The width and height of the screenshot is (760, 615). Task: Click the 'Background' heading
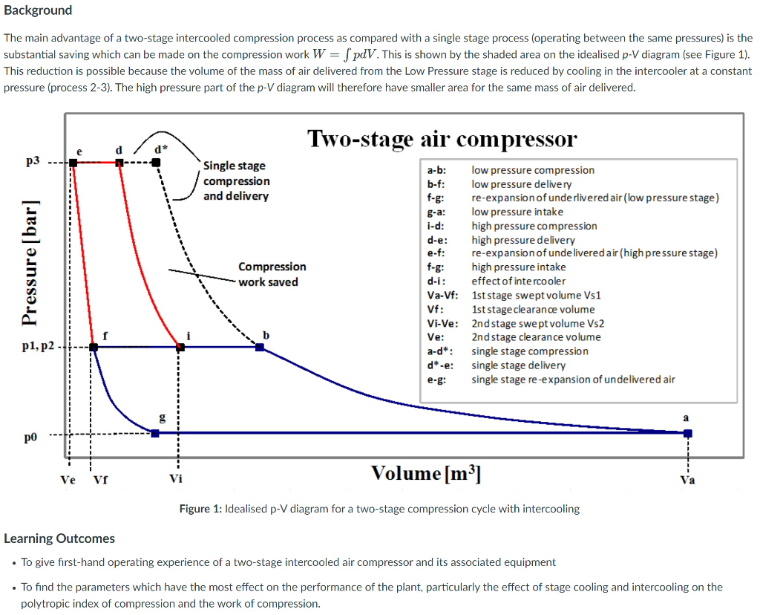pos(38,10)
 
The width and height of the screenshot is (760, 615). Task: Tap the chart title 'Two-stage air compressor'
pos(441,139)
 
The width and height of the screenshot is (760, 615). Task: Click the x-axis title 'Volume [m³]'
pos(425,473)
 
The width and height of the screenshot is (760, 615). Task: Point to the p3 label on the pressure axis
pos(33,161)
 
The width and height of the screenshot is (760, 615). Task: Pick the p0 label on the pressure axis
pos(30,437)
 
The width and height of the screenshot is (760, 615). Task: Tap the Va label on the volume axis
pos(688,480)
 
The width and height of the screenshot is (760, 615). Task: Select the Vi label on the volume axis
pos(176,478)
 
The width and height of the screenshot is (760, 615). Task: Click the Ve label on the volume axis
pos(68,479)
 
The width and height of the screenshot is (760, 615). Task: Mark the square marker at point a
pos(688,433)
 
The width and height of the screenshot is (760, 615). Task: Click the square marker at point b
pos(260,347)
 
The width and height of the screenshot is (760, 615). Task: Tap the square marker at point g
pos(155,433)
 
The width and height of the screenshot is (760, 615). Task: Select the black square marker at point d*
pos(156,162)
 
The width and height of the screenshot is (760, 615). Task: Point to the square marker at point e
pos(73,162)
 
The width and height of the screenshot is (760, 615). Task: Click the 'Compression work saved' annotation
pos(272,274)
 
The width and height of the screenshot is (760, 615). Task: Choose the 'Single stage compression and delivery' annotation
pos(236,180)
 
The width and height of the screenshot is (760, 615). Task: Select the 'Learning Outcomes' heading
pos(59,538)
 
